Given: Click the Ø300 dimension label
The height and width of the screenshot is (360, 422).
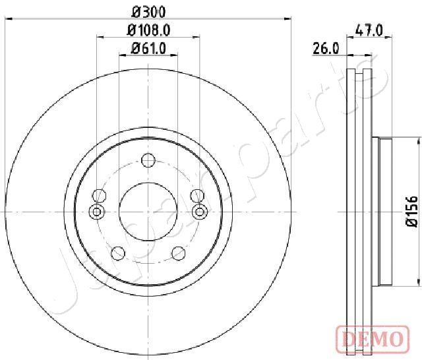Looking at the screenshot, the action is [x=148, y=12].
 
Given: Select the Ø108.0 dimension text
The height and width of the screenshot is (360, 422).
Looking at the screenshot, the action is [x=148, y=30].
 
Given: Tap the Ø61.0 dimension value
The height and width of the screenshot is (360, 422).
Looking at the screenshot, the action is [x=148, y=49].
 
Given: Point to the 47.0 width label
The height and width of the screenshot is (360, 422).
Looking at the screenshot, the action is [x=369, y=30].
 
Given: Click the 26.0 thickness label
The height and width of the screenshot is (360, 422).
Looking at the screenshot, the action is [x=326, y=49].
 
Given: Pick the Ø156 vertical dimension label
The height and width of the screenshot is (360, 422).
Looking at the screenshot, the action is [x=411, y=212].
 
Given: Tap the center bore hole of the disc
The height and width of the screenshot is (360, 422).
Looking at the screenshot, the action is [x=148, y=212].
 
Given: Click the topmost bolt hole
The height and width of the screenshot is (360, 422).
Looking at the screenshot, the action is [x=148, y=160].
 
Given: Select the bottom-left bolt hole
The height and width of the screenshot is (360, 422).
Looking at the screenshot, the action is [x=118, y=253].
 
